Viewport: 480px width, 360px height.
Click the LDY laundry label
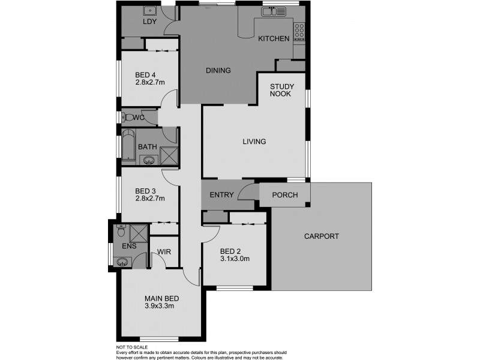pos(149,22)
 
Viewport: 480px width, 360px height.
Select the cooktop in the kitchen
pos(299,28)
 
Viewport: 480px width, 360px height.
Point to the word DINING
pos(218,71)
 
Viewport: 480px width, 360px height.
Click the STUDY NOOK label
pos(281,90)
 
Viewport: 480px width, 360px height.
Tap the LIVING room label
pos(254,142)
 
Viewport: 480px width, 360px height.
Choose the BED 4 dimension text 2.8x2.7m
pos(150,82)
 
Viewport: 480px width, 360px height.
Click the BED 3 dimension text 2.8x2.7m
pos(150,198)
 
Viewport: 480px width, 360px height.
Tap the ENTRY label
pos(221,195)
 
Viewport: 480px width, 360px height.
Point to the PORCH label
pos(285,195)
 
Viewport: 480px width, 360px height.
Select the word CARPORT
pos(321,236)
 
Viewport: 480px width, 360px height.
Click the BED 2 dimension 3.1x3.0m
pos(235,259)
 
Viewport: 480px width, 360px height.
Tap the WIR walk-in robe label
pos(163,253)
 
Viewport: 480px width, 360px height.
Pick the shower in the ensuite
pos(139,232)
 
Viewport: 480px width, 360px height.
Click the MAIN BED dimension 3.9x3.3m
pos(159,306)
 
